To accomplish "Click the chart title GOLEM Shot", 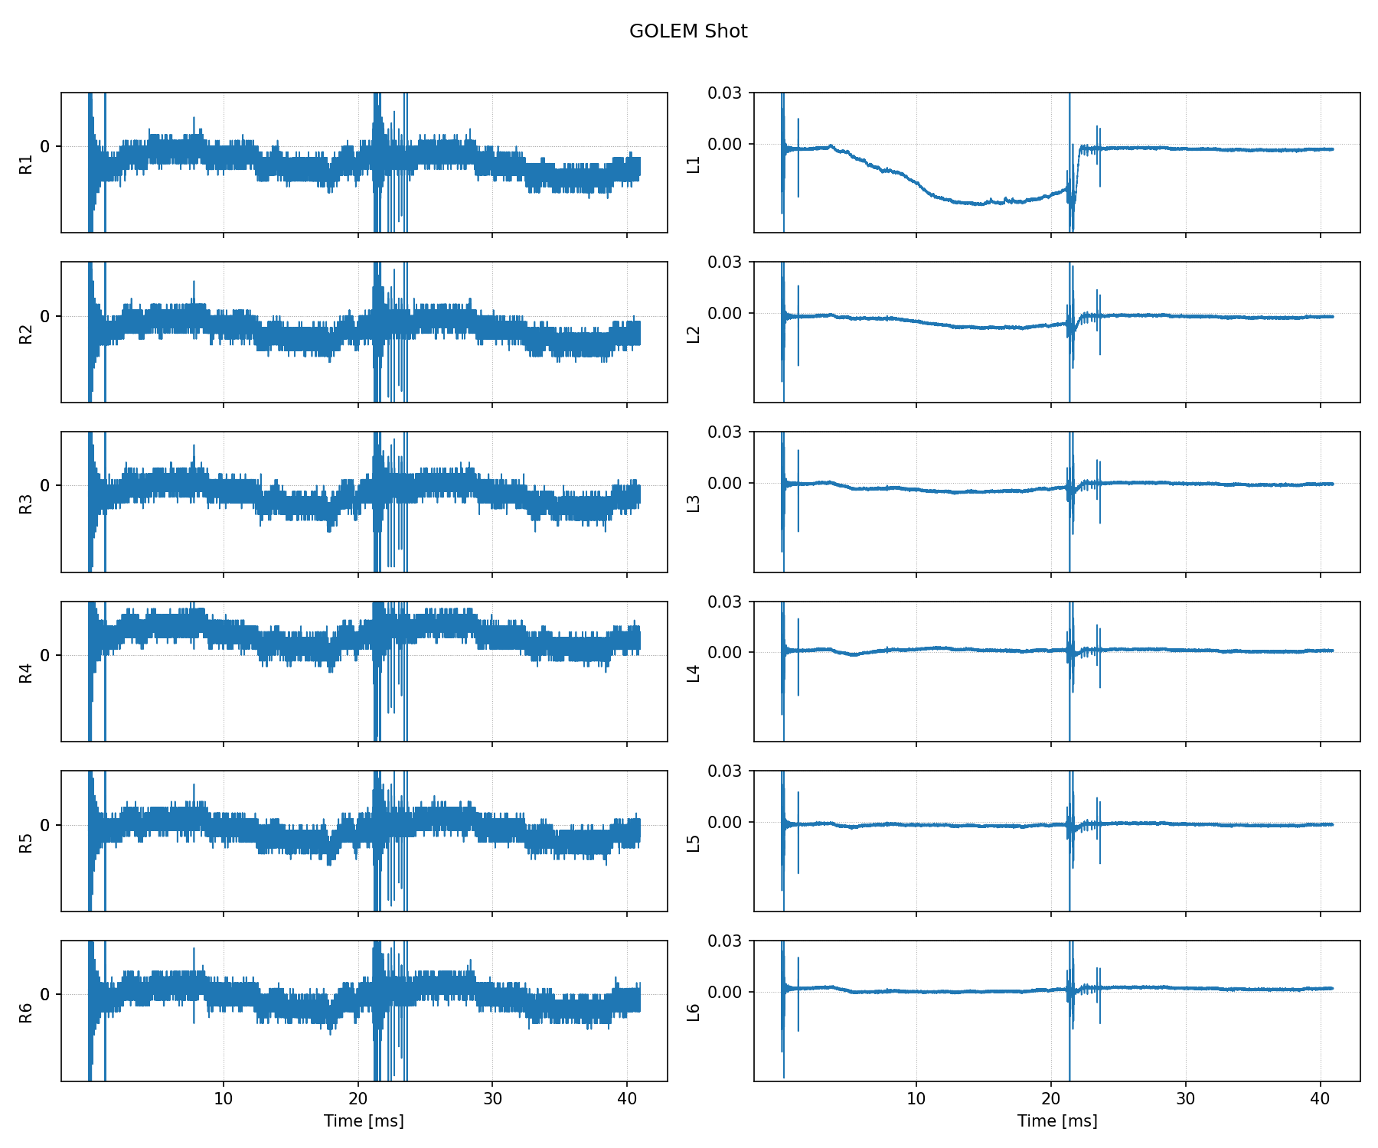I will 688,31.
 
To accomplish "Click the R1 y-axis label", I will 27,164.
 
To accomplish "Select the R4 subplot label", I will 27,673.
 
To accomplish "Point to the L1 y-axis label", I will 694,164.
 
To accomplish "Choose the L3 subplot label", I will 694,503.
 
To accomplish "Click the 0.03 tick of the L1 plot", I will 723,93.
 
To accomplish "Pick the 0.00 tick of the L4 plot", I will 723,653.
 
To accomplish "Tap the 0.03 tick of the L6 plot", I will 723,941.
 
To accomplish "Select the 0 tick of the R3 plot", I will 45,486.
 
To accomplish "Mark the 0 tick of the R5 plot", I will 45,825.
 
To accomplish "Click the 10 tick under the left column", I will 224,1098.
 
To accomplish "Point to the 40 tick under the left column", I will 627,1098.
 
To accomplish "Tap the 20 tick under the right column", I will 1051,1098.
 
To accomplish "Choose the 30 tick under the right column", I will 1185,1098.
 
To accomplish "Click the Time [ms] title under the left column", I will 364,1121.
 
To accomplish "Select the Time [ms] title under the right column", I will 1057,1121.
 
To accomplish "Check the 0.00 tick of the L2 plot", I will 723,314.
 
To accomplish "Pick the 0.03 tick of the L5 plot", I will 723,771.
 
